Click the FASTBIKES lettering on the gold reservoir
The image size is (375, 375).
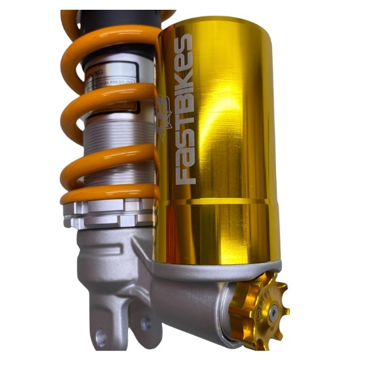click(185, 111)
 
